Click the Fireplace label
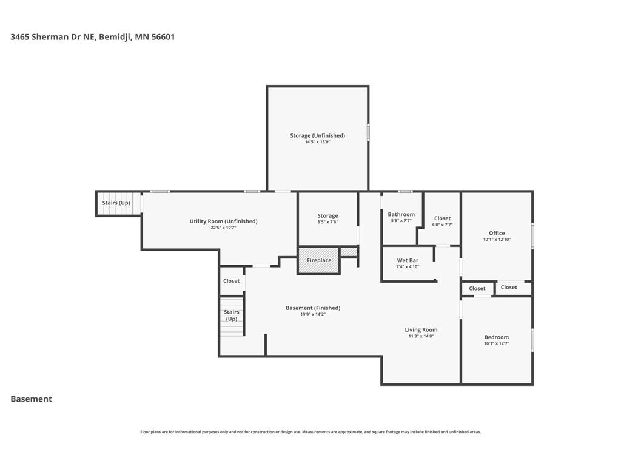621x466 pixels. click(319, 260)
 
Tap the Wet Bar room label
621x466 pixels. click(408, 260)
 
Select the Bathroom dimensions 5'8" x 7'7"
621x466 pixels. click(401, 221)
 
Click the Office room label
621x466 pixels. click(497, 233)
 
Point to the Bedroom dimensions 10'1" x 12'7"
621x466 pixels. click(496, 343)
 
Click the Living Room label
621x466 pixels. click(421, 329)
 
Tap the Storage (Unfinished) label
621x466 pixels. click(317, 135)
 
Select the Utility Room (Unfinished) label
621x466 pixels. click(223, 221)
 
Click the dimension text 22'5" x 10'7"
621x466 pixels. click(223, 228)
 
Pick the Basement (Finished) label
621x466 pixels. click(313, 308)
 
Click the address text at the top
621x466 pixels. click(93, 37)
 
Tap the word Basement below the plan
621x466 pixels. click(32, 399)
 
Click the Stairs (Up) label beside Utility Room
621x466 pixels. click(116, 203)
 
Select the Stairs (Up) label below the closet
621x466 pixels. click(231, 316)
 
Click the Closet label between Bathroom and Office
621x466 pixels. click(442, 218)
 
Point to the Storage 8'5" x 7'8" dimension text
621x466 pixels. click(327, 222)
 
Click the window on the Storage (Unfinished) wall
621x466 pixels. click(368, 132)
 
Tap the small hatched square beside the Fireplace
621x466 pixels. click(349, 252)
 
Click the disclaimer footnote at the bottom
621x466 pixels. click(310, 432)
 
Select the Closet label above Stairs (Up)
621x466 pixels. click(231, 281)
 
